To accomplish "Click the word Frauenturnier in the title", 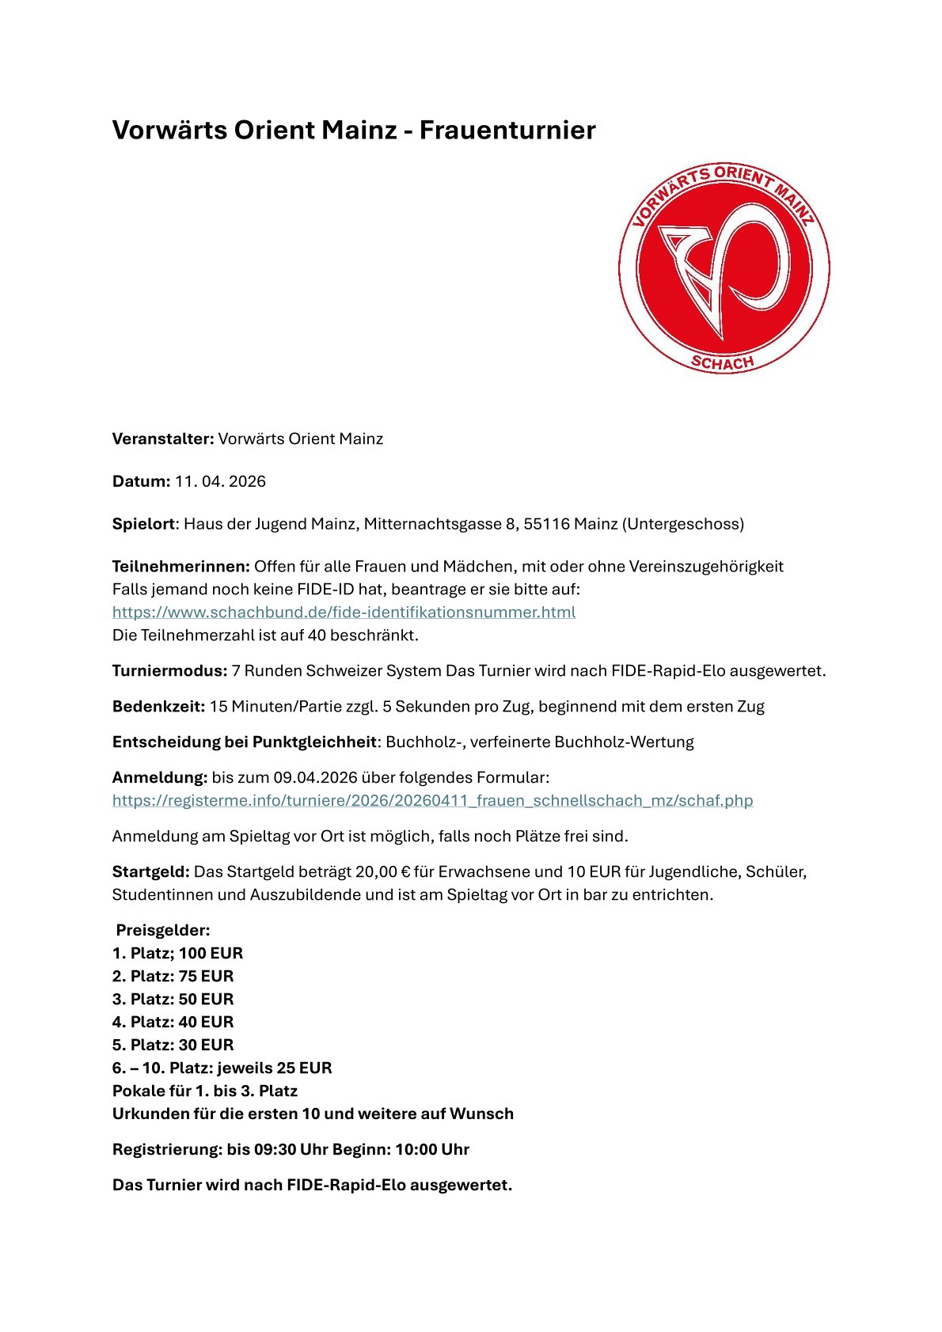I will click(x=507, y=130).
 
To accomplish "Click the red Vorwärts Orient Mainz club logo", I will click(x=724, y=268).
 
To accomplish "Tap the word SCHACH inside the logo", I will click(x=722, y=363).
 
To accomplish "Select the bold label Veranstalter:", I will click(x=163, y=439).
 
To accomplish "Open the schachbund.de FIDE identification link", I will click(x=344, y=612).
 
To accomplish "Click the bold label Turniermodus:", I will click(x=169, y=671).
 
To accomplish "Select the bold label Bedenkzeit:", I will click(x=158, y=707).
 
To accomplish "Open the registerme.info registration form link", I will click(x=432, y=800).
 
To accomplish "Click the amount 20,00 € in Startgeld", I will click(x=383, y=872).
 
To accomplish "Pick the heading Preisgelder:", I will click(x=163, y=931).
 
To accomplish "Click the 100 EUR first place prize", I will click(x=211, y=954).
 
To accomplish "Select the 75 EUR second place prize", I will click(x=206, y=977).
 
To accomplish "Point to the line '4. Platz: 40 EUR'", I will click(x=173, y=1023).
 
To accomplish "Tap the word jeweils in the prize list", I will click(x=245, y=1068).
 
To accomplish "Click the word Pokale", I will click(x=139, y=1091).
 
